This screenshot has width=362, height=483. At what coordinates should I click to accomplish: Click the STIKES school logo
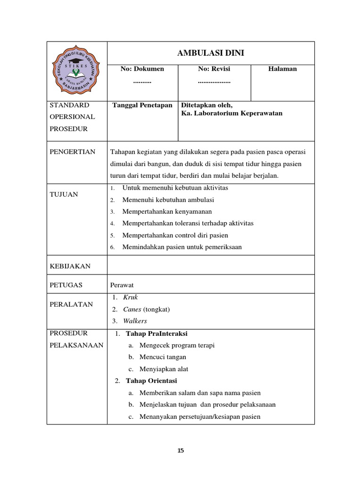[x=77, y=71]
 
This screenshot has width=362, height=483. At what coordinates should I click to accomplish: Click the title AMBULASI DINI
[x=211, y=53]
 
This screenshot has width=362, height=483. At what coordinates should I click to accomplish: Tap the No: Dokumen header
[x=142, y=69]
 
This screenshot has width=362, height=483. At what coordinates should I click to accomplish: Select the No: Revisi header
[x=214, y=69]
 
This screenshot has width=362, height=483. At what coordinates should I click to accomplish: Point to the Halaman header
[x=282, y=69]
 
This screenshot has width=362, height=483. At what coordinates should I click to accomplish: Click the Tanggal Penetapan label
[x=142, y=105]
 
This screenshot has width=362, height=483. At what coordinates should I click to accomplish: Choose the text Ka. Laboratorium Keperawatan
[x=232, y=114]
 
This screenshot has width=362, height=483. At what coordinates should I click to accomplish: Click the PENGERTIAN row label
[x=72, y=152]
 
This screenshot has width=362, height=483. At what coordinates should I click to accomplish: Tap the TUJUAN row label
[x=64, y=194]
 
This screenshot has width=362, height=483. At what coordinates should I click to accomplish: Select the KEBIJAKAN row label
[x=70, y=266]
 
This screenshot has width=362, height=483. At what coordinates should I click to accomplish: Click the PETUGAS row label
[x=66, y=285]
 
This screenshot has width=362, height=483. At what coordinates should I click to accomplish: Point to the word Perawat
[x=122, y=285]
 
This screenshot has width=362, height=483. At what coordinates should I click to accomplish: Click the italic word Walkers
[x=135, y=321]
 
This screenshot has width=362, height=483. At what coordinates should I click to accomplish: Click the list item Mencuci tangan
[x=163, y=357]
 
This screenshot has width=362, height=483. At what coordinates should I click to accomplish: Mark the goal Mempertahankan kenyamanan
[x=167, y=211]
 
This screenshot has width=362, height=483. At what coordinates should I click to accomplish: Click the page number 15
[x=181, y=450]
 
